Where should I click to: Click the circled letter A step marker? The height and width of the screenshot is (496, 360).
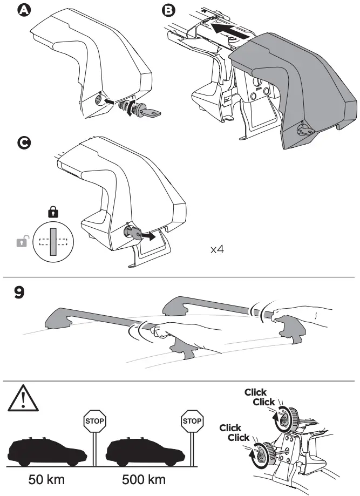tap(24, 11)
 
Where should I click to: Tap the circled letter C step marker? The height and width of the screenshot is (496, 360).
tap(24, 142)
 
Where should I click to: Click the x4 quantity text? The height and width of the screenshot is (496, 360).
tap(217, 250)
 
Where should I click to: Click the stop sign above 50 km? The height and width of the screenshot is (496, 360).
tap(94, 420)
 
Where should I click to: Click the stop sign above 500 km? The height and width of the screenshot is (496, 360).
tap(192, 420)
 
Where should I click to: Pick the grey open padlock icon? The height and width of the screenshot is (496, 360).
tap(21, 242)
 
